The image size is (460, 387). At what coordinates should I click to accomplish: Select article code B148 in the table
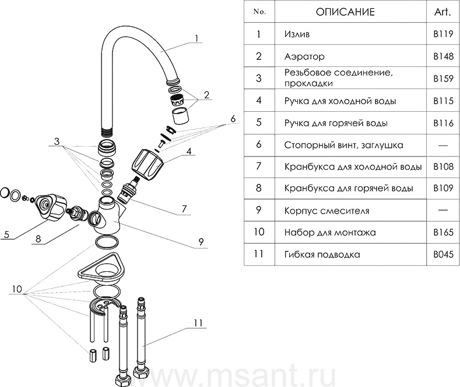[443, 56]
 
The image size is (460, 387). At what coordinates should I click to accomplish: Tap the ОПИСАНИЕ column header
[345, 12]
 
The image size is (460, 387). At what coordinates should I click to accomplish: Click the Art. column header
[443, 12]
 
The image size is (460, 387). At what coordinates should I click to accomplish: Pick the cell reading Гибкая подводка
[322, 254]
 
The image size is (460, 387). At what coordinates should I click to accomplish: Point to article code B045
[443, 254]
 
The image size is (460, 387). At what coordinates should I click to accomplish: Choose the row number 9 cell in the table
[259, 210]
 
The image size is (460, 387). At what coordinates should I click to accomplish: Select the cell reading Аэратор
[304, 56]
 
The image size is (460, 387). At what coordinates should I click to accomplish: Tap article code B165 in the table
[443, 232]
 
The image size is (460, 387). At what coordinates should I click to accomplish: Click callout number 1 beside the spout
[197, 38]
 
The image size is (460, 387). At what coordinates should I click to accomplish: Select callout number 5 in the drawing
[6, 235]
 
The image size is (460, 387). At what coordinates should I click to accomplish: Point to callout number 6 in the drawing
[233, 119]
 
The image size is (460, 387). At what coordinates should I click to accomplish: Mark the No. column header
[259, 12]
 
